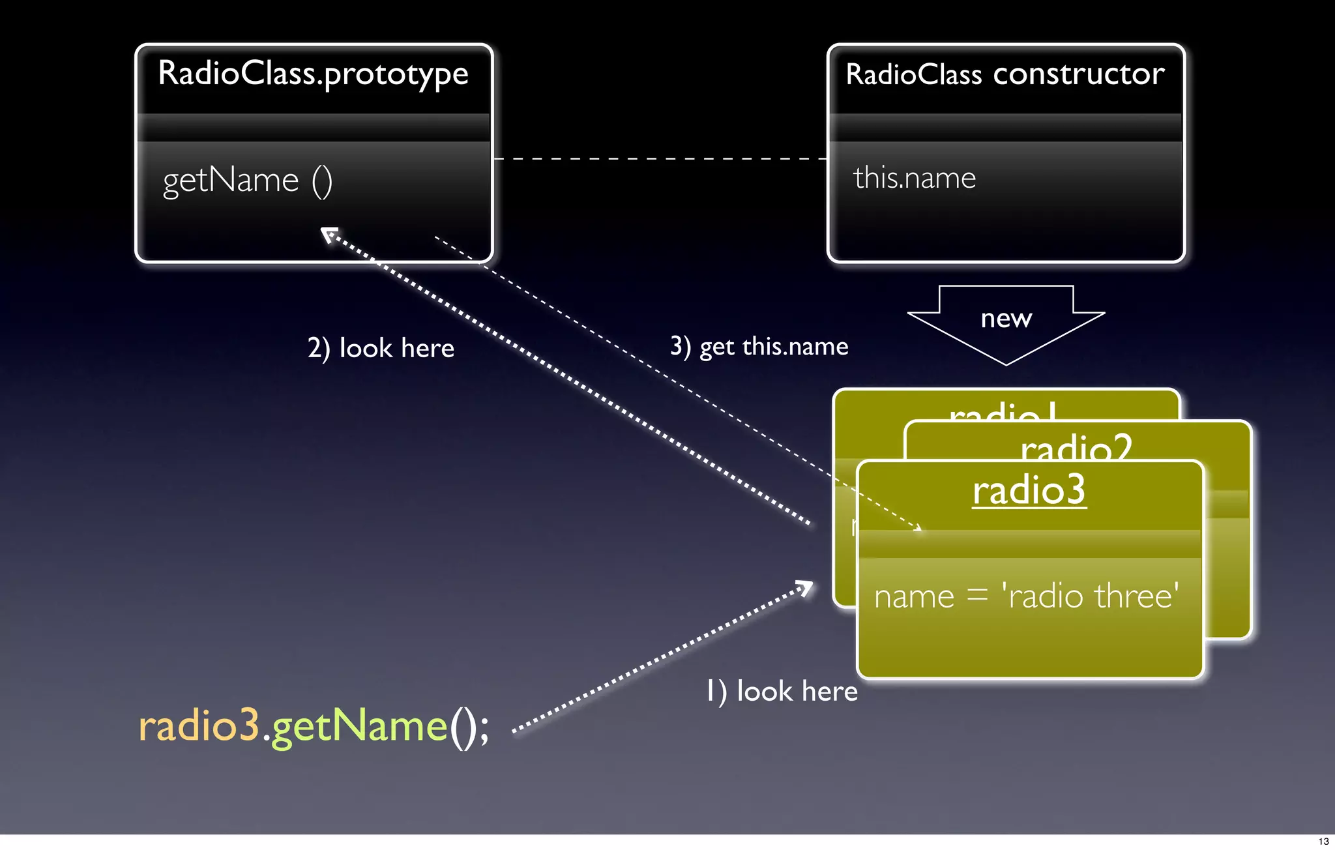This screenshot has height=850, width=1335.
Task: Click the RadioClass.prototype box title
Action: coord(313,74)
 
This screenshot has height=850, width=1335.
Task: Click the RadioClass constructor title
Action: coord(1005,74)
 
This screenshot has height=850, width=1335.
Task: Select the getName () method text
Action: coord(247,181)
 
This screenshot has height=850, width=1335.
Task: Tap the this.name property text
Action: coord(914,178)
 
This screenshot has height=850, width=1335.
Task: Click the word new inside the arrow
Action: coord(1006,318)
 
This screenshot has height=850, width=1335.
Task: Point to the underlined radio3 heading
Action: coord(1029,490)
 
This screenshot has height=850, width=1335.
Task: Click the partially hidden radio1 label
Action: coord(1002,411)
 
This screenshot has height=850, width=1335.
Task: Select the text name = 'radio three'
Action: coord(1026,596)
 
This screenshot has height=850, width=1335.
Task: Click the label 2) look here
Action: coord(381,348)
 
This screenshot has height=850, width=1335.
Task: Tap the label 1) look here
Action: coord(782,691)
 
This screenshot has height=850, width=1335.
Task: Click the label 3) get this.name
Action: coord(759,346)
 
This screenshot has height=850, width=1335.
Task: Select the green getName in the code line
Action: coord(359,727)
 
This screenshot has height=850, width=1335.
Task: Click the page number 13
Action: coord(1323,842)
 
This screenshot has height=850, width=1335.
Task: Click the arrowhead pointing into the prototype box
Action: coord(329,234)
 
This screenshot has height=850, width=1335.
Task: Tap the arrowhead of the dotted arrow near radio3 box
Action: coord(807,587)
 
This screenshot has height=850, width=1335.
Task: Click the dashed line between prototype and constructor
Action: coord(658,158)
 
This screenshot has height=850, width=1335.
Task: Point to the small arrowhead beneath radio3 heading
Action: coord(917,528)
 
